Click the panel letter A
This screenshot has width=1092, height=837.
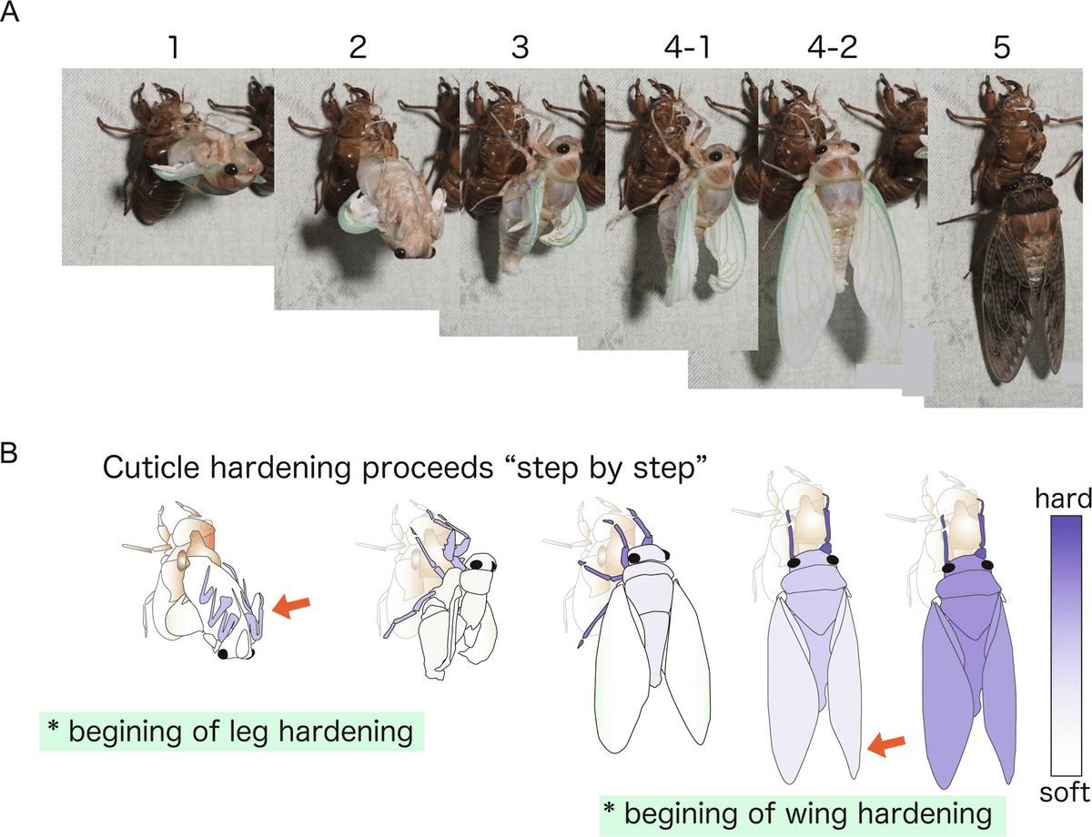pos(9,12)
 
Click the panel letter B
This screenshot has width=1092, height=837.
pos(9,452)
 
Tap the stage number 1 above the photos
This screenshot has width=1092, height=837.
pos(174,47)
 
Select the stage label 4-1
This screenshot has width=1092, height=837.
pos(686,47)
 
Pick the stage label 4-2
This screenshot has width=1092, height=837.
pos(832,47)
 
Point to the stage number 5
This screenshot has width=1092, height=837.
pos(1002,47)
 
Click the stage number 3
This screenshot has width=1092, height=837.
pos(521,47)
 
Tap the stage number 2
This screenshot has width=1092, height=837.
pos(358,47)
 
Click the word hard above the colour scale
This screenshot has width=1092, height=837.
pos(1064,499)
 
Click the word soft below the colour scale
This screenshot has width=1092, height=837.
pos(1065,792)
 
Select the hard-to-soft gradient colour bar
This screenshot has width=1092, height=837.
pos(1066,646)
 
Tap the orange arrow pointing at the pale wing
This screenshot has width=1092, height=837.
pos(886,744)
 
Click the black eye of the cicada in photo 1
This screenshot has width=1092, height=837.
pos(230,169)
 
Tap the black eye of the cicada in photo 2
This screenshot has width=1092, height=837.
pos(400,253)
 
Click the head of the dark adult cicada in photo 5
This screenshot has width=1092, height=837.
pos(1024,185)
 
